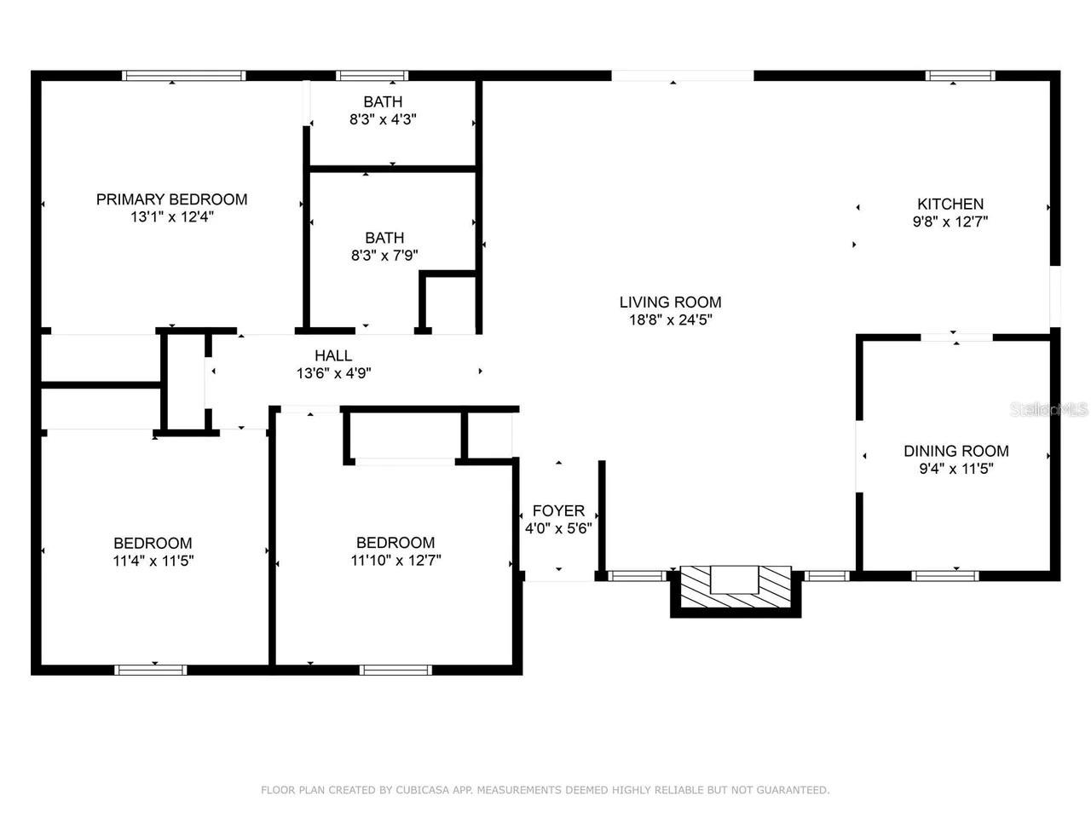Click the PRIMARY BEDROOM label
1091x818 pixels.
171,199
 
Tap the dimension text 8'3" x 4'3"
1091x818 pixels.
383,120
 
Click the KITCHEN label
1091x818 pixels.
950,204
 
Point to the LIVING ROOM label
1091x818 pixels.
670,302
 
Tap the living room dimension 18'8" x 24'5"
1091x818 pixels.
670,320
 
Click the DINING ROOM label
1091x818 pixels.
955,451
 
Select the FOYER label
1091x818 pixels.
558,510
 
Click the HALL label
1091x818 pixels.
333,355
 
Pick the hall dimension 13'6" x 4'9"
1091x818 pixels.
333,373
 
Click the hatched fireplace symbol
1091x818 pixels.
736,589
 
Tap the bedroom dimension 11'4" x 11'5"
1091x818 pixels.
153,561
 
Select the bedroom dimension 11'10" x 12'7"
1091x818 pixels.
395,561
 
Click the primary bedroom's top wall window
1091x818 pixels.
184,76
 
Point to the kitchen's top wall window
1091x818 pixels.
961,76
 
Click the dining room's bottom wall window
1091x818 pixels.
944,576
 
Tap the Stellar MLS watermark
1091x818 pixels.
1048,410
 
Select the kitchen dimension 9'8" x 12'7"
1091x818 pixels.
950,222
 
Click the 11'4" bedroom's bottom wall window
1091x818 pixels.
151,670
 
